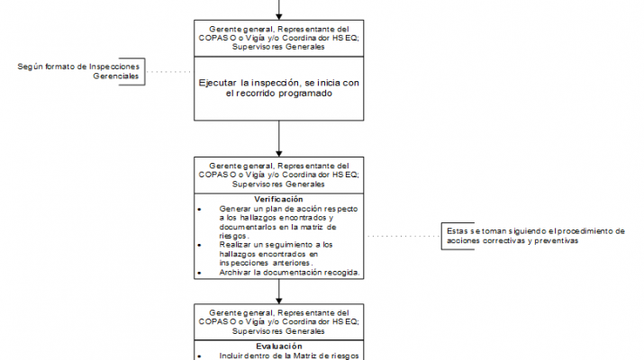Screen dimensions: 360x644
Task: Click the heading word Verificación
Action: tap(278, 199)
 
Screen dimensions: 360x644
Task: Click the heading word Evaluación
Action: tap(278, 346)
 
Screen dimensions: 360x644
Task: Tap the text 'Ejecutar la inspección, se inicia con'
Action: tap(279, 83)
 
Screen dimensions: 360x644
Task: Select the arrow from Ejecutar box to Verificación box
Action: tap(279, 137)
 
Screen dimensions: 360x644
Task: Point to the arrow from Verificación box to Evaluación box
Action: tap(279, 291)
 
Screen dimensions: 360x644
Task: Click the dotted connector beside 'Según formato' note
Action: tap(170, 72)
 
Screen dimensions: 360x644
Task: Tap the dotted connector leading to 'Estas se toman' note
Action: tap(402, 236)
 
